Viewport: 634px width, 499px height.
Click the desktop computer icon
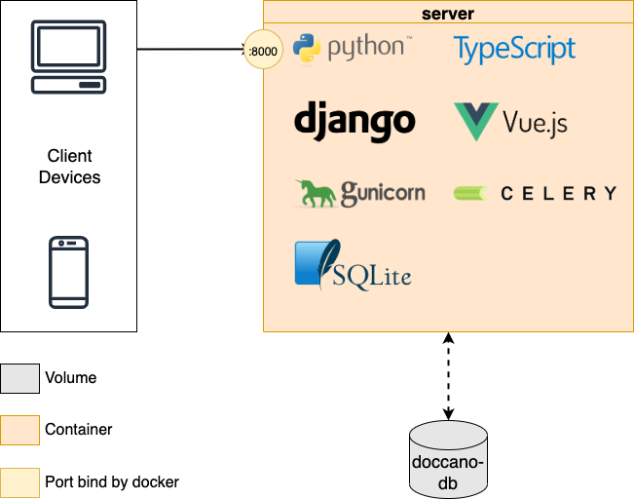click(69, 57)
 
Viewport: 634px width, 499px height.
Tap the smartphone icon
click(69, 272)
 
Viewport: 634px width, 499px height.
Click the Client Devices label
click(69, 167)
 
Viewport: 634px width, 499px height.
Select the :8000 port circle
click(263, 50)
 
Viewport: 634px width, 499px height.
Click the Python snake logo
click(307, 48)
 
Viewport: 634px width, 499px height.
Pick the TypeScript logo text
click(514, 50)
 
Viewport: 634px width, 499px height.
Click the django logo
click(354, 122)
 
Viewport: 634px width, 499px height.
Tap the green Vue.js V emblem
click(476, 122)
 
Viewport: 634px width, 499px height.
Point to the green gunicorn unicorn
click(316, 193)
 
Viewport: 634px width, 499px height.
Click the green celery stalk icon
click(470, 193)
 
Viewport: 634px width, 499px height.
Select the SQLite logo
click(353, 265)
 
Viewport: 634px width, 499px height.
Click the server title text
click(448, 14)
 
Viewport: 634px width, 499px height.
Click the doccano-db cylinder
click(448, 460)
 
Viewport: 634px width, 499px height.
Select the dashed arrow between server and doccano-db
click(448, 376)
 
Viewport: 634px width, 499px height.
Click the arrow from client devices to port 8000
click(191, 50)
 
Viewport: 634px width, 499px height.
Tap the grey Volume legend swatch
click(19, 378)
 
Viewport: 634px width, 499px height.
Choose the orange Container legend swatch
click(19, 430)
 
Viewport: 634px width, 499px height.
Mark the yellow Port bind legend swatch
click(19, 482)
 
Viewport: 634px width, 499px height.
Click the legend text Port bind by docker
click(112, 482)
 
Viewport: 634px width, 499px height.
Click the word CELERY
click(559, 193)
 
